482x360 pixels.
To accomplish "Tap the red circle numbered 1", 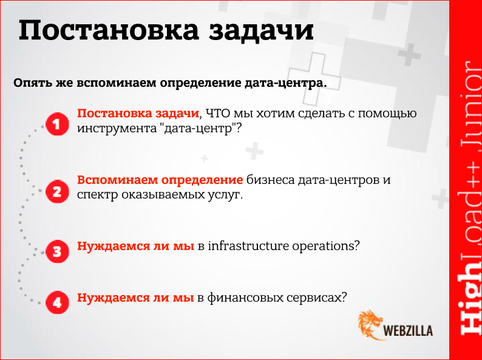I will (x=56, y=126).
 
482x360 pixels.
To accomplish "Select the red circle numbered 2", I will (x=56, y=192).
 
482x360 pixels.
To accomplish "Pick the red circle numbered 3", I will (x=56, y=250).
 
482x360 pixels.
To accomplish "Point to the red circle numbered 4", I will (x=56, y=302).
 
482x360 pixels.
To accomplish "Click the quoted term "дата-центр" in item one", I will (x=200, y=129).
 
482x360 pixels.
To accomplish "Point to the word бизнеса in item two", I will (x=269, y=180).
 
